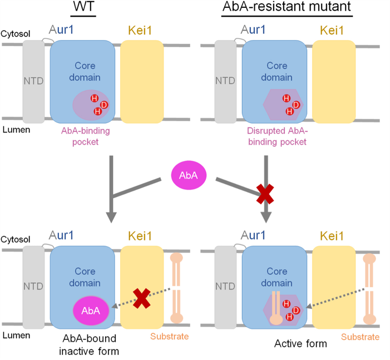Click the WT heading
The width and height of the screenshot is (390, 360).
tap(83, 7)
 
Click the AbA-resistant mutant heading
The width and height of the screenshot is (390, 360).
tap(287, 7)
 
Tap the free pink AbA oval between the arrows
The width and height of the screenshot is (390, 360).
tap(189, 175)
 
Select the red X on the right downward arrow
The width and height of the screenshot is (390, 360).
tap(265, 194)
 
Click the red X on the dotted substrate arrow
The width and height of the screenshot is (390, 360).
tap(141, 298)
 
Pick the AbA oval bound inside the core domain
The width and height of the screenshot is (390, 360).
tap(91, 310)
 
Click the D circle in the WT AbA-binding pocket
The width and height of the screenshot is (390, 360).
tap(104, 105)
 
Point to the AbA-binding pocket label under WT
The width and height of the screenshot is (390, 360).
tap(86, 136)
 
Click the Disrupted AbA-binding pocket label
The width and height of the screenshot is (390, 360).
tap(277, 136)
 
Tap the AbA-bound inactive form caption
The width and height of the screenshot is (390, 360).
tap(89, 345)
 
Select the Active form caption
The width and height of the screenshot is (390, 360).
tap(300, 343)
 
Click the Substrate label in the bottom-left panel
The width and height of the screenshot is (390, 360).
tap(169, 337)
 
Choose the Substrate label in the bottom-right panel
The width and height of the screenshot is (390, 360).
tap(360, 337)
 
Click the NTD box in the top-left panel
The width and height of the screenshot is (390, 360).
tap(33, 82)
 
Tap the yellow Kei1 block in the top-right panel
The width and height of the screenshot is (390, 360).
tap(334, 82)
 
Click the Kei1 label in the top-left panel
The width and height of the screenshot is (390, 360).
tap(140, 31)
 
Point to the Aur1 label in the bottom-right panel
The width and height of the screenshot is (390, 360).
tap(253, 235)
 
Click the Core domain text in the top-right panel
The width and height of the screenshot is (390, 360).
tap(277, 71)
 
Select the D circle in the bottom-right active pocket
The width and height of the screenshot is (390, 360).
tap(296, 310)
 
